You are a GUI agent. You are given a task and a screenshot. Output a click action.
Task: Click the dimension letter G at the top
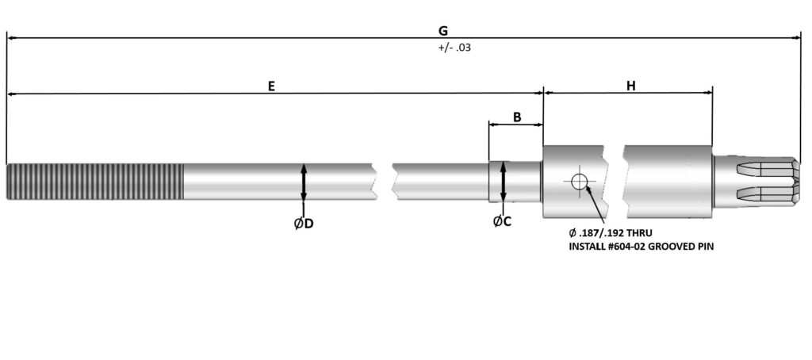point(442,31)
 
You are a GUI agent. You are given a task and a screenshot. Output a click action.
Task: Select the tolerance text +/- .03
point(454,48)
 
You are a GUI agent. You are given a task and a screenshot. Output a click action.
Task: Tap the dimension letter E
point(271,86)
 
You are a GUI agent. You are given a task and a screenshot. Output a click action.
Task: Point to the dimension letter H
point(630,86)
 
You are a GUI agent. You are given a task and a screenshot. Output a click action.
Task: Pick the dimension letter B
point(517,117)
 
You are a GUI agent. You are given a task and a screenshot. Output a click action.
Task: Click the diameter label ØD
point(304,224)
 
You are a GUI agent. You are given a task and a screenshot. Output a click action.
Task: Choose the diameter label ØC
point(502,221)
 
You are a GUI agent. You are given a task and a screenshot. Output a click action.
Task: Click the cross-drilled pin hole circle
point(579,182)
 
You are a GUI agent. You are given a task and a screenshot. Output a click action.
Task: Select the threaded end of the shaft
point(95,182)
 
